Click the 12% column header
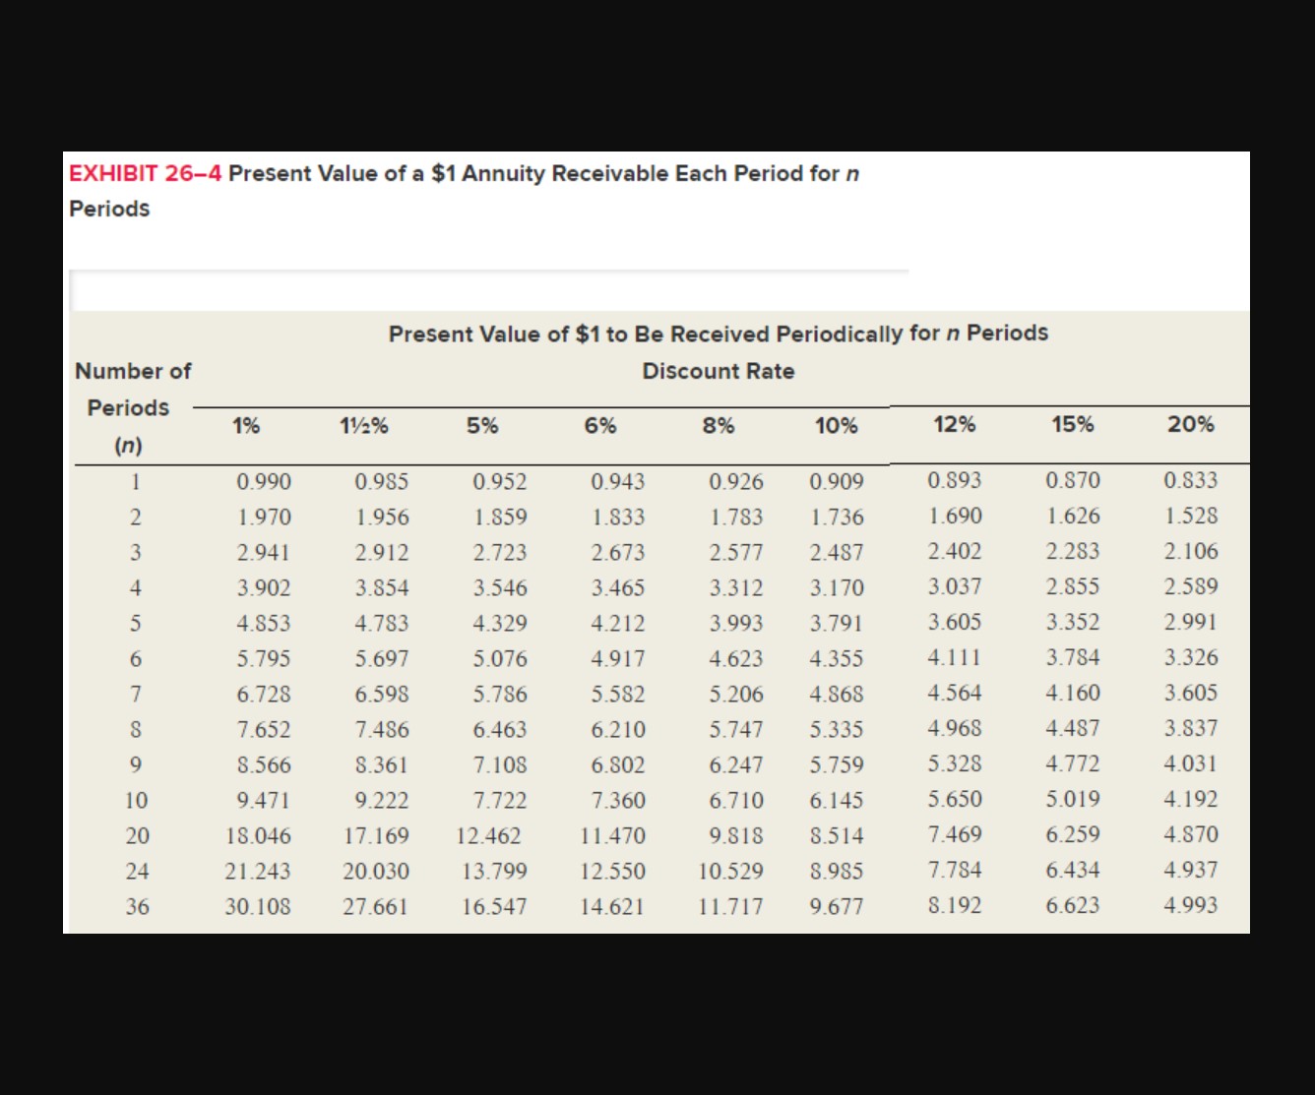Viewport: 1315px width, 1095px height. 954,424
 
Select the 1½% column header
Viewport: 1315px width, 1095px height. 363,426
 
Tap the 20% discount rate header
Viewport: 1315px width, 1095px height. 1190,424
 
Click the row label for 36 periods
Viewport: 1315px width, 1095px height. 138,906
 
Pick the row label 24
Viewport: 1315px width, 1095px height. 138,871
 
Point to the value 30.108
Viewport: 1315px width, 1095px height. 258,906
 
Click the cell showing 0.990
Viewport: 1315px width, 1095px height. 264,482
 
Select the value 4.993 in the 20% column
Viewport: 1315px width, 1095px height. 1190,905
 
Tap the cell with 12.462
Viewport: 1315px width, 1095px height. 488,836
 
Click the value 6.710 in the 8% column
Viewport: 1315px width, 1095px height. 735,801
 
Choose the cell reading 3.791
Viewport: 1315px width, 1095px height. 836,624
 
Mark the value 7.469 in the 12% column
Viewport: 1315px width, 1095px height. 954,834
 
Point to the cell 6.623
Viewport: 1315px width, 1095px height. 1072,905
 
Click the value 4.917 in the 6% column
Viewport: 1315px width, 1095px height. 617,659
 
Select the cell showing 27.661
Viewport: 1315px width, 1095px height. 375,906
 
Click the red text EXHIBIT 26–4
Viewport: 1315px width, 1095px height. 145,174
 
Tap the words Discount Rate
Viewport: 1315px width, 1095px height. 718,371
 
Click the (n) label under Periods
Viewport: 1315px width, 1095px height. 129,446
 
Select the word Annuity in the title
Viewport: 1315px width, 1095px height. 502,174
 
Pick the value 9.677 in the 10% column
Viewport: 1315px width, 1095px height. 836,906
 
